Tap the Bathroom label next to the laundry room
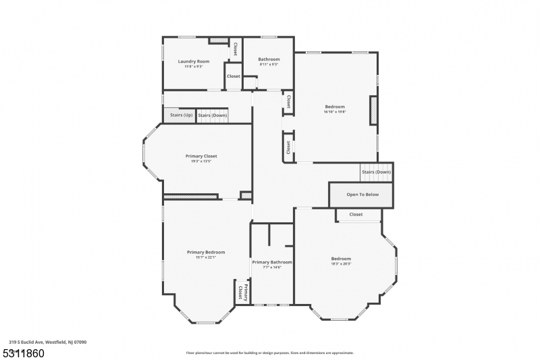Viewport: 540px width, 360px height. [269, 59]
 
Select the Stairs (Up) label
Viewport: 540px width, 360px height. [179, 115]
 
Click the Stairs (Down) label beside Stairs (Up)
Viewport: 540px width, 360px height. [212, 115]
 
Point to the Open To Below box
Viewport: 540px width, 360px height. [362, 195]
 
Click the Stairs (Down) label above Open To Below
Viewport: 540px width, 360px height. [376, 172]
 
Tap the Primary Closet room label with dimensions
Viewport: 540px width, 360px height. [201, 158]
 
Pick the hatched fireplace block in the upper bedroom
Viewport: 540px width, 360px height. [373, 110]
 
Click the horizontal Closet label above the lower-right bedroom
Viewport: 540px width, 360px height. [356, 215]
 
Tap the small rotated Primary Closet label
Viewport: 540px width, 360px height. [242, 292]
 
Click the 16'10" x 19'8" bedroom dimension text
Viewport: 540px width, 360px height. [335, 112]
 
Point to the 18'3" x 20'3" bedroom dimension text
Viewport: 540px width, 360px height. [341, 264]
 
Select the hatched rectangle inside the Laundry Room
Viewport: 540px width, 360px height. [218, 41]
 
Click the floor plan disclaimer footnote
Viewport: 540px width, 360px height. [269, 353]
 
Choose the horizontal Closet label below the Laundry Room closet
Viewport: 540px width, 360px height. [233, 76]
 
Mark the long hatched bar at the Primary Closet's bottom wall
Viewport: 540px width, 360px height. [190, 197]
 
